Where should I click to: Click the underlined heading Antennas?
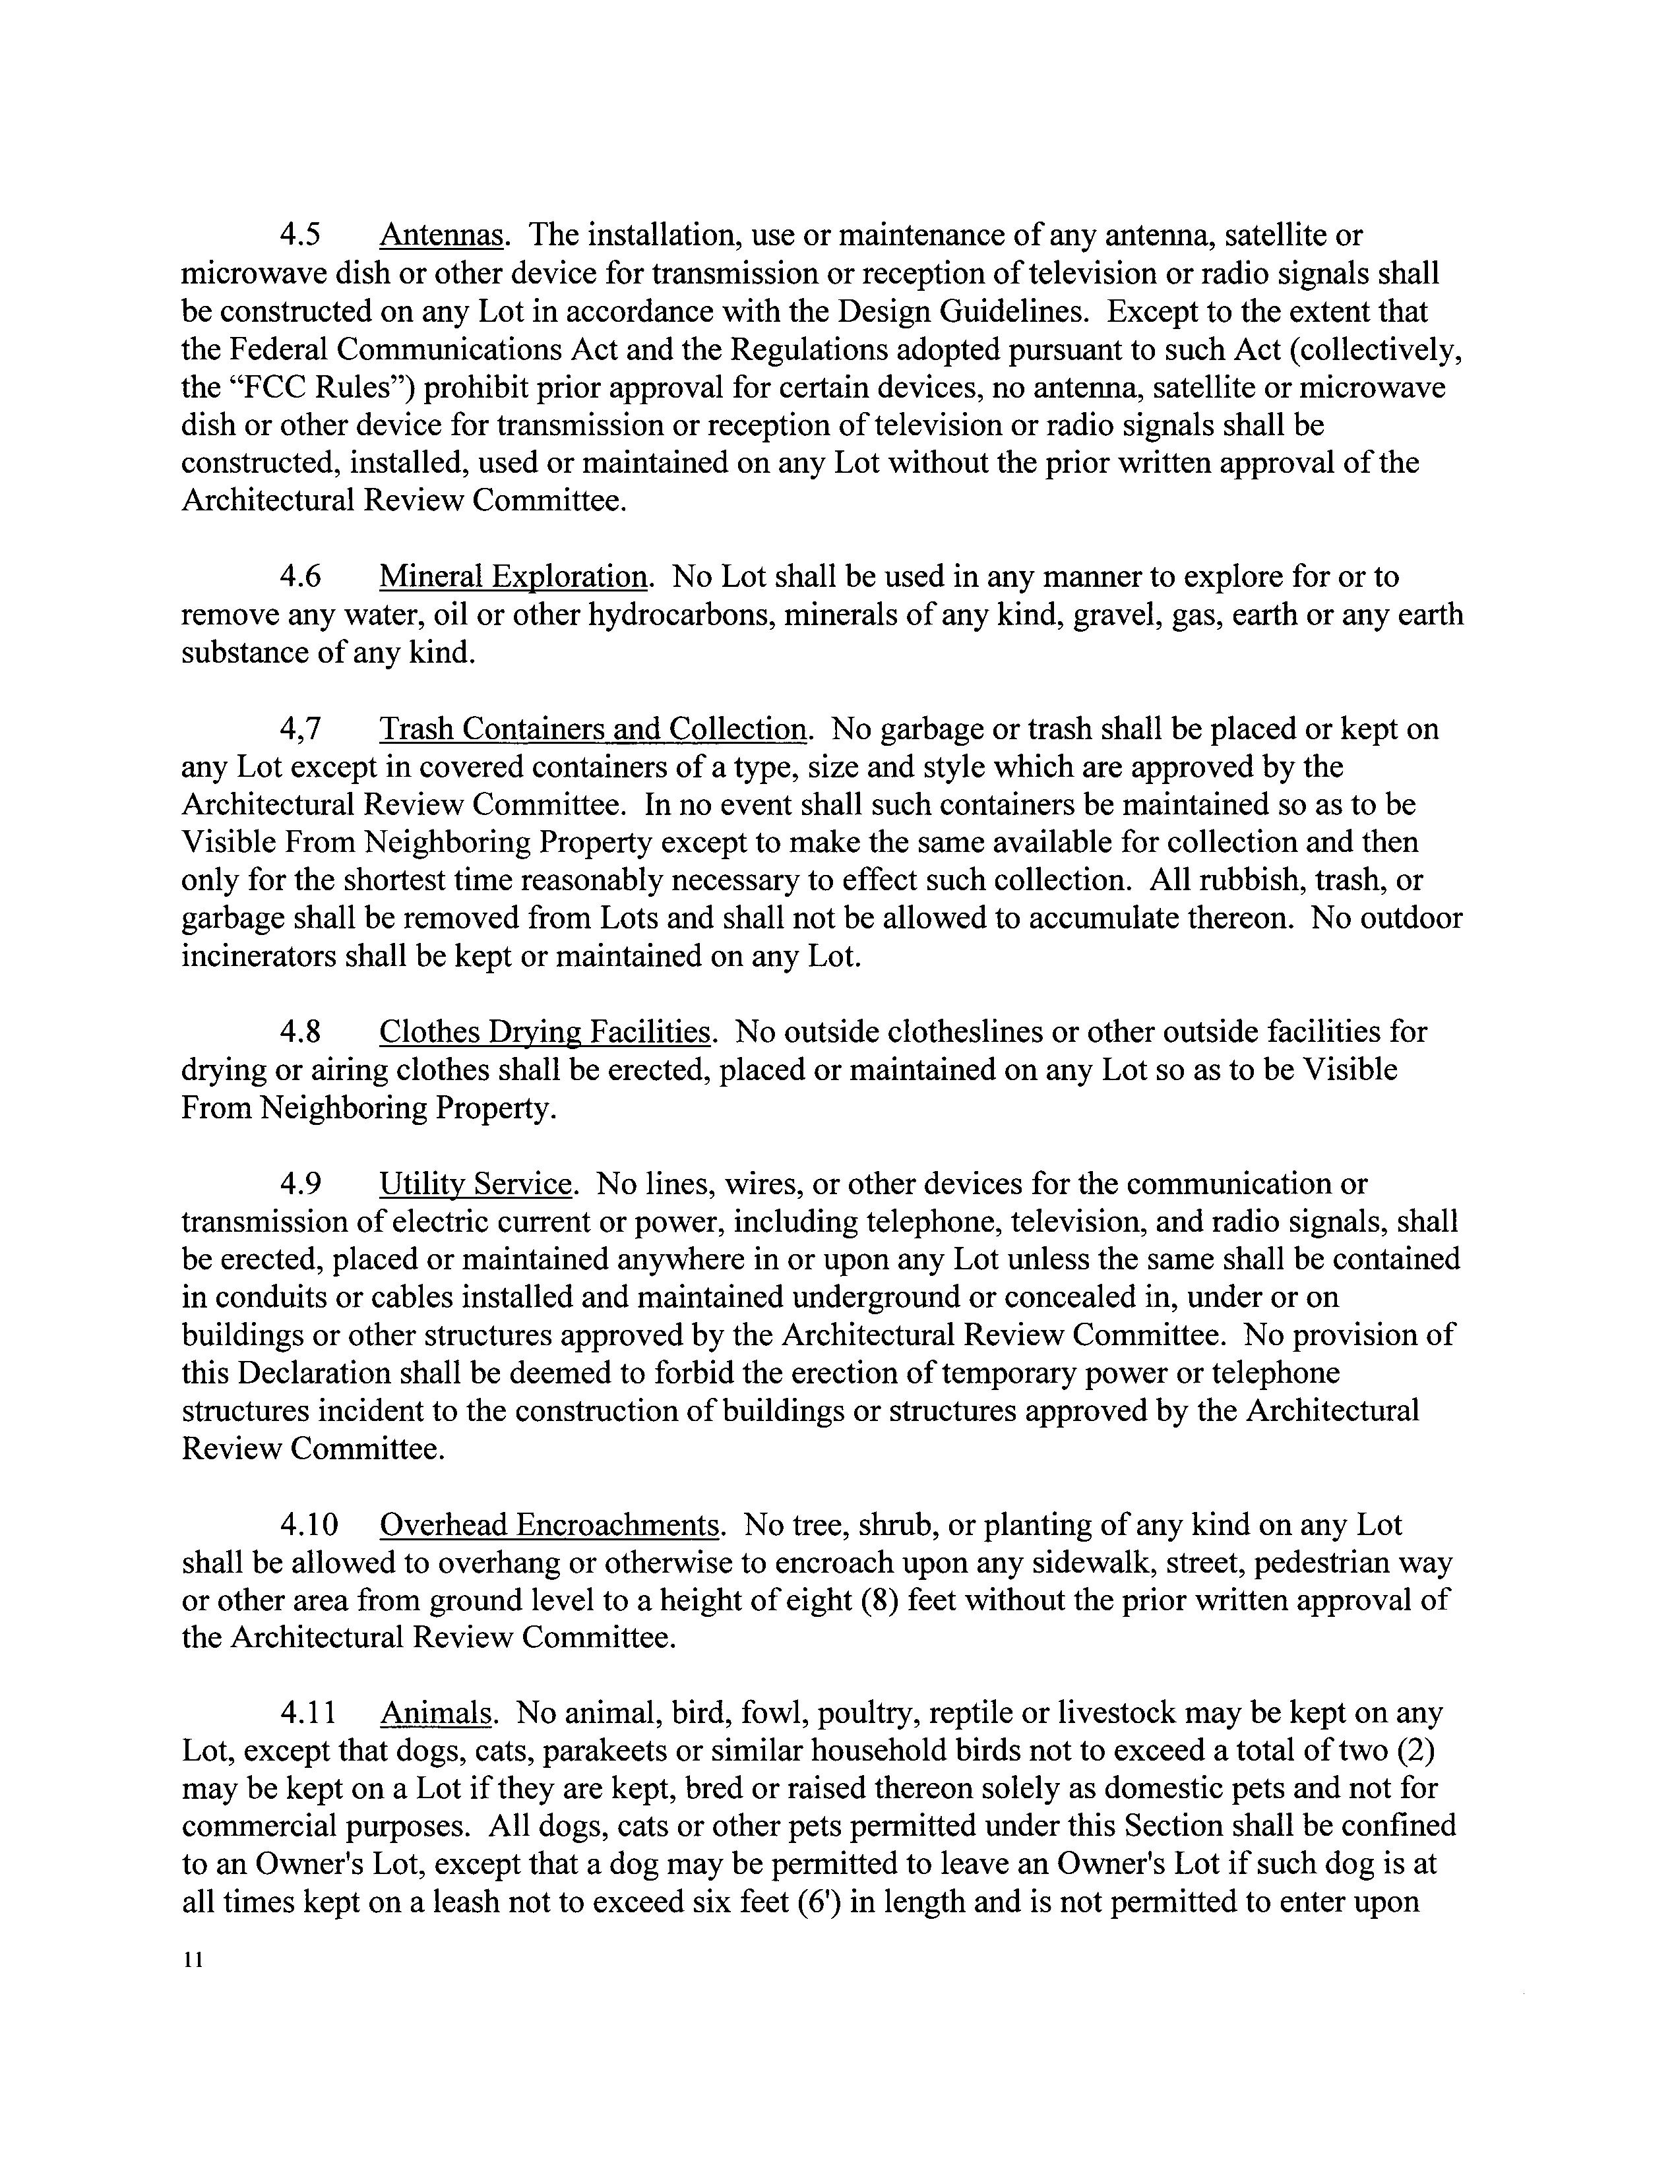click(441, 236)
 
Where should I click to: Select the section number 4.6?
click(300, 577)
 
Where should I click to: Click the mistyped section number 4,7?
click(300, 729)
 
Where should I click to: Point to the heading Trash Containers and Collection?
click(593, 729)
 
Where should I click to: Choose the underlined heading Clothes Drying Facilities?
click(545, 1031)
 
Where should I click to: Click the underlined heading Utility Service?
click(476, 1184)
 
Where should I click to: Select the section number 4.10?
click(309, 1525)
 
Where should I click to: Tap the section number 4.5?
click(300, 236)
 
